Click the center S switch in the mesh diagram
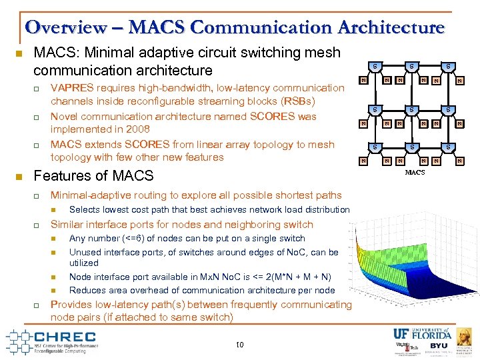[x=412, y=109]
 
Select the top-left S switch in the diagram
[x=375, y=66]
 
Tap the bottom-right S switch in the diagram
[x=448, y=146]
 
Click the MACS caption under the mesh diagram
[x=414, y=173]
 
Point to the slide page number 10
[x=239, y=344]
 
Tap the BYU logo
[x=438, y=345]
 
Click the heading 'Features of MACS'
[x=93, y=176]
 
